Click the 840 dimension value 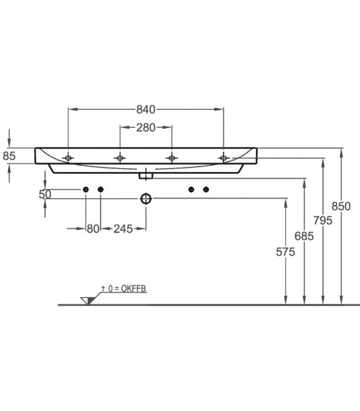pyautogui.click(x=146, y=109)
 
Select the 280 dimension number pyautogui.click(x=146, y=127)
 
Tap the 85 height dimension pyautogui.click(x=9, y=156)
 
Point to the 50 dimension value pyautogui.click(x=45, y=194)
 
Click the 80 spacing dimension pyautogui.click(x=93, y=229)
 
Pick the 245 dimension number pyautogui.click(x=123, y=229)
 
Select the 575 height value pyautogui.click(x=285, y=252)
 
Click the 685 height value pyautogui.click(x=304, y=236)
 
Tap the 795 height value pyautogui.click(x=323, y=220)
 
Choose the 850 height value pyautogui.click(x=341, y=207)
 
